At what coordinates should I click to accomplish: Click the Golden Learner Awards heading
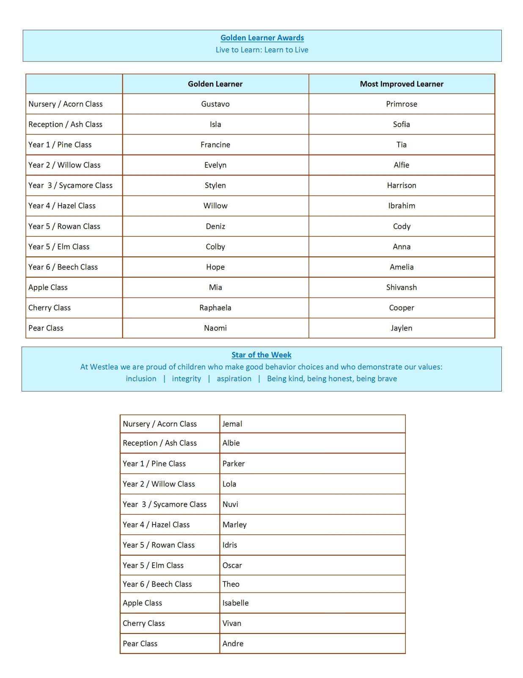pyautogui.click(x=262, y=38)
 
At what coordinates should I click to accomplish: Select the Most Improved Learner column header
pyautogui.click(x=402, y=84)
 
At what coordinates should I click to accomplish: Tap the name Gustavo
pyautogui.click(x=215, y=104)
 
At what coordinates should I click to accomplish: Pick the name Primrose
pyautogui.click(x=402, y=104)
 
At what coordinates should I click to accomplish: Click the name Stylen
pyautogui.click(x=215, y=185)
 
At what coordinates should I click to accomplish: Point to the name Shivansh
pyautogui.click(x=402, y=287)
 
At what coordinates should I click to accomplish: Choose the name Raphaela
pyautogui.click(x=215, y=308)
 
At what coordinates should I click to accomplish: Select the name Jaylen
pyautogui.click(x=402, y=328)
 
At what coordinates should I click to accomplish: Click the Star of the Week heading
pyautogui.click(x=261, y=355)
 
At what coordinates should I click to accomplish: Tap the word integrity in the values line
pyautogui.click(x=187, y=378)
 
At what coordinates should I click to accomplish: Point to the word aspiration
pyautogui.click(x=234, y=378)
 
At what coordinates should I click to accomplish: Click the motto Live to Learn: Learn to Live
pyautogui.click(x=262, y=50)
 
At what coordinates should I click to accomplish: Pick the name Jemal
pyautogui.click(x=232, y=424)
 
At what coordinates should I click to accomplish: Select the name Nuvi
pyautogui.click(x=230, y=504)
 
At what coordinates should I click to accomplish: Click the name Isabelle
pyautogui.click(x=236, y=603)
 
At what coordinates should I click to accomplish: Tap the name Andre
pyautogui.click(x=233, y=643)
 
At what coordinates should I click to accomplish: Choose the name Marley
pyautogui.click(x=234, y=525)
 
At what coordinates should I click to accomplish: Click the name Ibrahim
pyautogui.click(x=402, y=206)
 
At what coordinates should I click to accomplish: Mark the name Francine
pyautogui.click(x=215, y=144)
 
